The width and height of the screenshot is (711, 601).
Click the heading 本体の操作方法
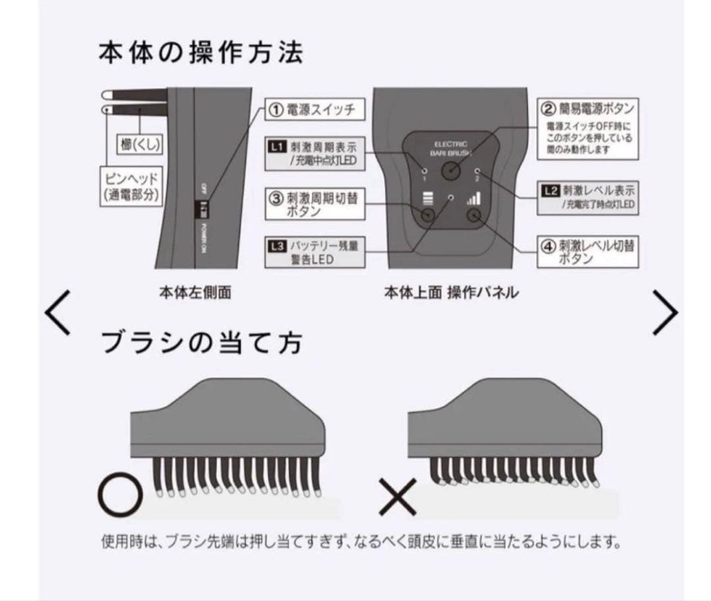pyautogui.click(x=201, y=53)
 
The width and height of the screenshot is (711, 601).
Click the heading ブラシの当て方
pyautogui.click(x=201, y=342)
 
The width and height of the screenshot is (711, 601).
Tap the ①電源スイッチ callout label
pyautogui.click(x=314, y=110)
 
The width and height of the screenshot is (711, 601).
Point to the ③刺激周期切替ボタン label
pyautogui.click(x=314, y=204)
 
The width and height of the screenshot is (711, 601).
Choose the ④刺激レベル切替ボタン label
pyautogui.click(x=588, y=252)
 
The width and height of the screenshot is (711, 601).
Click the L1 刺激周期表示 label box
pyautogui.click(x=314, y=153)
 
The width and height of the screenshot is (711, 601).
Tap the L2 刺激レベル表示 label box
pyautogui.click(x=588, y=197)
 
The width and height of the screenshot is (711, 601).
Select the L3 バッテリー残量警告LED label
pyautogui.click(x=314, y=253)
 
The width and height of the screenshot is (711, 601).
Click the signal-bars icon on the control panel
pyautogui.click(x=473, y=198)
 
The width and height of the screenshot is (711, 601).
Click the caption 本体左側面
pyautogui.click(x=194, y=294)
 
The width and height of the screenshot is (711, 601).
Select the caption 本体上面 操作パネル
pyautogui.click(x=450, y=294)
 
